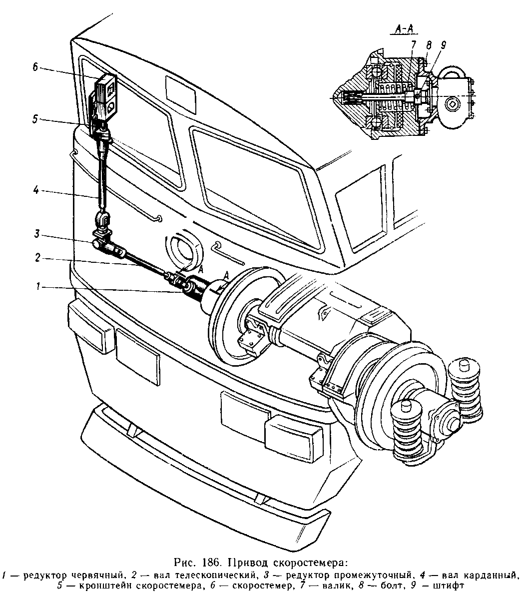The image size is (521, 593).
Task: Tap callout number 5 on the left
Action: point(35,119)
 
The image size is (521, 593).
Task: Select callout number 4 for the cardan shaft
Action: point(35,190)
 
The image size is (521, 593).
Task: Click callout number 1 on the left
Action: point(37,287)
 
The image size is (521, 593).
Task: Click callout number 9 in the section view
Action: point(444,45)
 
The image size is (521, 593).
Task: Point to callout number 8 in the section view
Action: point(429,45)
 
